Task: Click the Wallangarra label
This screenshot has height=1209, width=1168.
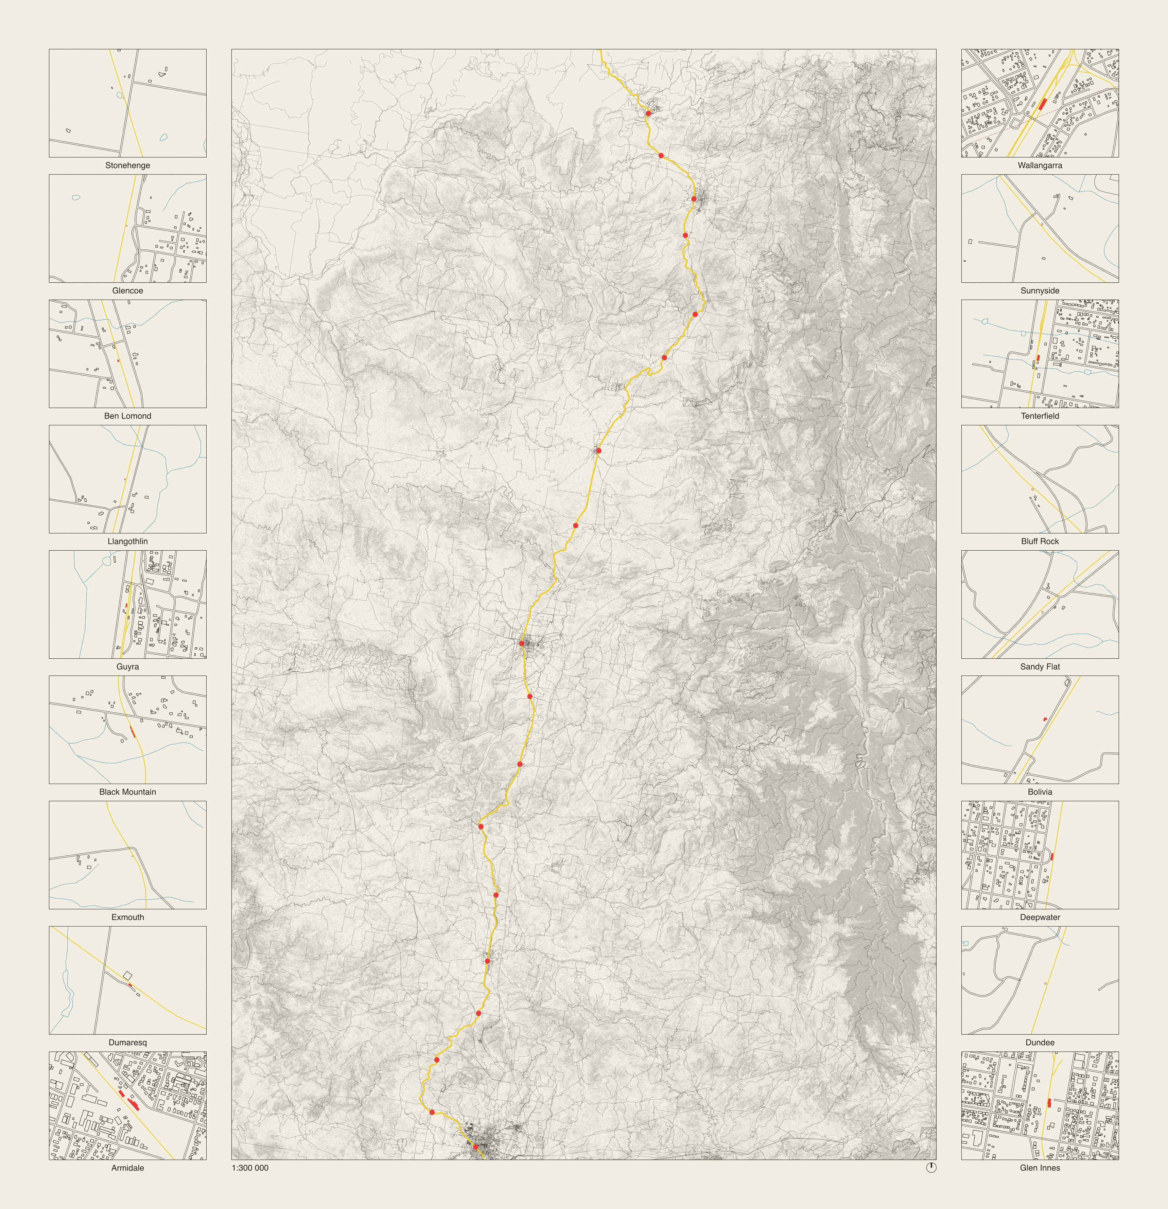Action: [1040, 165]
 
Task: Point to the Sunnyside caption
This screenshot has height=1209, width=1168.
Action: [1040, 290]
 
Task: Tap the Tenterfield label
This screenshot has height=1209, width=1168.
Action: [1040, 416]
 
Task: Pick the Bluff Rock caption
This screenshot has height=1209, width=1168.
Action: [1040, 541]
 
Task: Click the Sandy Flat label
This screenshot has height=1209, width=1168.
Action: [1040, 666]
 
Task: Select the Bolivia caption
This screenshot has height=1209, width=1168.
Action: [1040, 792]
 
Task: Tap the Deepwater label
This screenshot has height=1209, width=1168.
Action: [1040, 917]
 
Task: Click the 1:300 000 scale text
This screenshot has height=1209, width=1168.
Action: [250, 1168]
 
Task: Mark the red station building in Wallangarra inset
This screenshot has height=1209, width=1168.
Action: [1043, 104]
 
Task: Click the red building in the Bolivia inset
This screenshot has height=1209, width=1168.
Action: [1045, 719]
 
